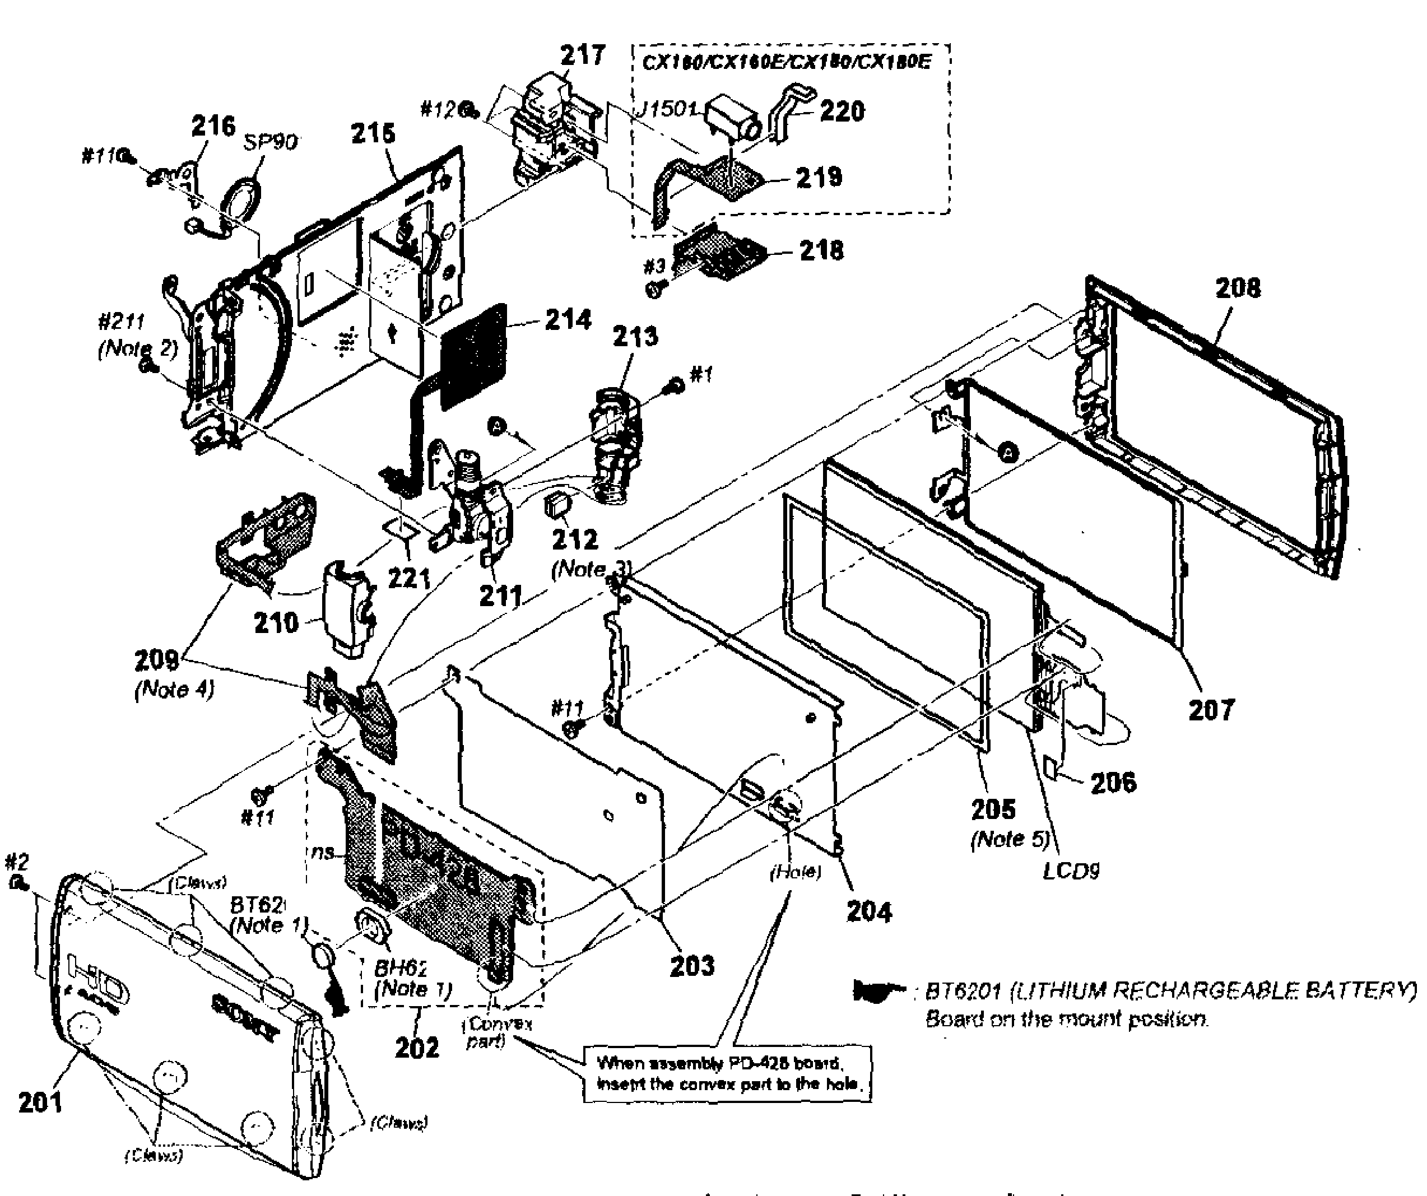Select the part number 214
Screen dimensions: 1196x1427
coord(568,319)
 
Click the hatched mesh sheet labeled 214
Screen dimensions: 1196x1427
coord(473,356)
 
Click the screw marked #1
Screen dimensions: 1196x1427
coord(676,385)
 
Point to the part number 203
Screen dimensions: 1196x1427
coord(692,965)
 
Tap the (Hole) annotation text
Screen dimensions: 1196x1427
coord(795,872)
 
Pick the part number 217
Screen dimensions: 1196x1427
coord(582,55)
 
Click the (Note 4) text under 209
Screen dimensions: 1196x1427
coord(175,689)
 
